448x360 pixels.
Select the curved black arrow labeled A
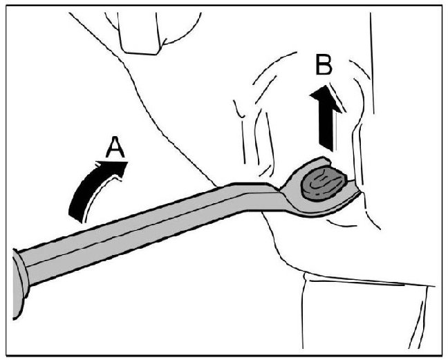tap(93, 191)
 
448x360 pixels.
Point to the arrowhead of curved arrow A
tap(116, 170)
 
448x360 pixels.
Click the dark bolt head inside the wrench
tap(322, 182)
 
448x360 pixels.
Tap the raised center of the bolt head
tap(322, 182)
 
